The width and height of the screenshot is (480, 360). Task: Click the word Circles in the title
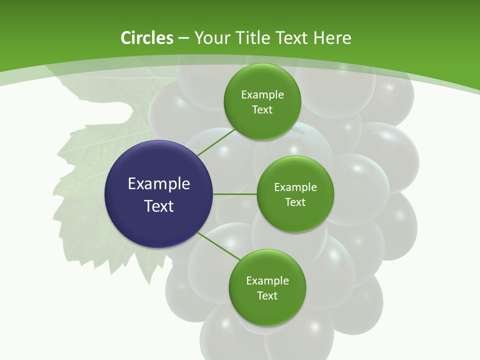pos(146,38)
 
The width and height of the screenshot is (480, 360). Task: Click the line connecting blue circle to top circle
pos(216,142)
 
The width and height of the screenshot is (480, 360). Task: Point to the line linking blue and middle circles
pos(235,194)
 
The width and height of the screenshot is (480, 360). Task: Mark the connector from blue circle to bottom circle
pos(219,245)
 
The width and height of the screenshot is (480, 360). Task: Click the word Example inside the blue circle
pos(159,184)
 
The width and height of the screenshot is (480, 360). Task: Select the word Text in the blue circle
pos(159,206)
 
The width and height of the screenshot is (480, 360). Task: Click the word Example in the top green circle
pos(262,95)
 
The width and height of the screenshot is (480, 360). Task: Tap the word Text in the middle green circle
pos(295,202)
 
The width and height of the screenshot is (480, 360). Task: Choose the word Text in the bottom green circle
pos(267,296)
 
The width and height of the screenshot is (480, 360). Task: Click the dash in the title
pos(183,38)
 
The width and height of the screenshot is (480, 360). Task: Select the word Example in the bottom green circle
pos(267,281)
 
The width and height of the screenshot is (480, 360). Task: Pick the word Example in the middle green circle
pos(295,187)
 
